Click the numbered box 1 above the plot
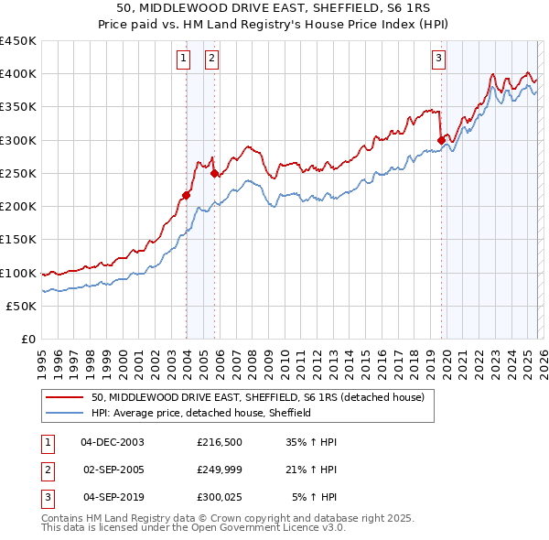[x=184, y=59]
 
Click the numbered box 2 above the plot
[x=211, y=59]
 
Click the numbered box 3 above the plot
[x=438, y=59]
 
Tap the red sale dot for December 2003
[x=186, y=194]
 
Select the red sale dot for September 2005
[x=214, y=173]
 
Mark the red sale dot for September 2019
[x=441, y=140]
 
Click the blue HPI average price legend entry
[x=201, y=413]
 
